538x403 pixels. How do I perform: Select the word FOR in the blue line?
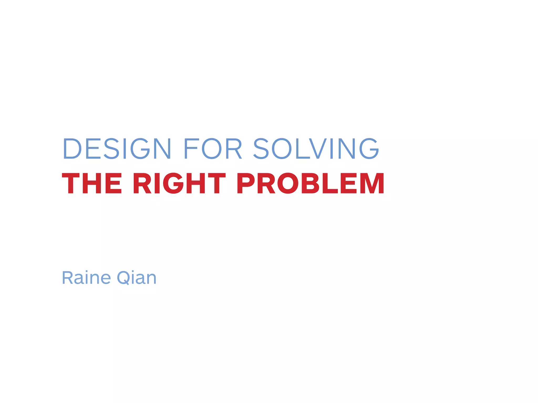pos(213,149)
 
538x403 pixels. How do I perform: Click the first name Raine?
pos(86,278)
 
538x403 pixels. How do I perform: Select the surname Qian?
pos(137,278)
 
